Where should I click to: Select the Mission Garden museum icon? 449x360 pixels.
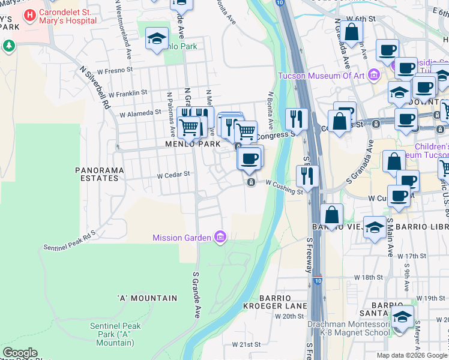click(x=220, y=238)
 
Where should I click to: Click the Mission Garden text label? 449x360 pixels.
click(x=182, y=238)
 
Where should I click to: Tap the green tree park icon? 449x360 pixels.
click(x=8, y=46)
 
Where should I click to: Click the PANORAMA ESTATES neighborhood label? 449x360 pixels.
click(x=100, y=174)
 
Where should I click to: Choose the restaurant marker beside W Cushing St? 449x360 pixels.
click(x=307, y=176)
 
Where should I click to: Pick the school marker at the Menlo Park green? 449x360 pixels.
click(x=157, y=40)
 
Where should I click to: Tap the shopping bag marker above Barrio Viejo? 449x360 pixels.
click(x=331, y=214)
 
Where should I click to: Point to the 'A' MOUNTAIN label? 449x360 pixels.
click(x=147, y=298)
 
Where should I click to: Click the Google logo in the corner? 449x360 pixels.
click(x=20, y=353)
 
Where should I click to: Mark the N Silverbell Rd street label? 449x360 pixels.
click(x=95, y=88)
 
